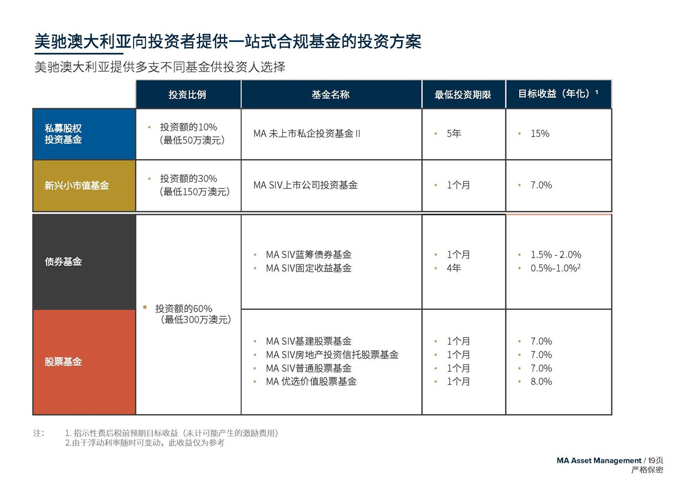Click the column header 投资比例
click(x=187, y=95)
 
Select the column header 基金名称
click(x=330, y=95)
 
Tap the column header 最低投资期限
click(x=463, y=95)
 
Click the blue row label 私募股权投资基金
click(x=63, y=134)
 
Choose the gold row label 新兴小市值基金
click(x=77, y=186)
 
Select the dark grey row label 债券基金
click(x=63, y=262)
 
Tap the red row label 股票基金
click(x=63, y=362)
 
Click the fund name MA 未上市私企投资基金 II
click(x=307, y=134)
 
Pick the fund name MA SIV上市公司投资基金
click(x=305, y=185)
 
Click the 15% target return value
click(x=540, y=134)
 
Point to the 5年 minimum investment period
click(x=454, y=134)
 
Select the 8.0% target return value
click(x=541, y=382)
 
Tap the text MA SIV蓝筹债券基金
click(x=309, y=255)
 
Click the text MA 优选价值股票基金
click(x=311, y=382)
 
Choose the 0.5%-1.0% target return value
click(x=555, y=268)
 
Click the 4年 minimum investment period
click(x=454, y=268)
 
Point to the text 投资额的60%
click(x=183, y=309)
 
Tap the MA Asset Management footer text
click(x=598, y=461)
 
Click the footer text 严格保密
click(x=647, y=470)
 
